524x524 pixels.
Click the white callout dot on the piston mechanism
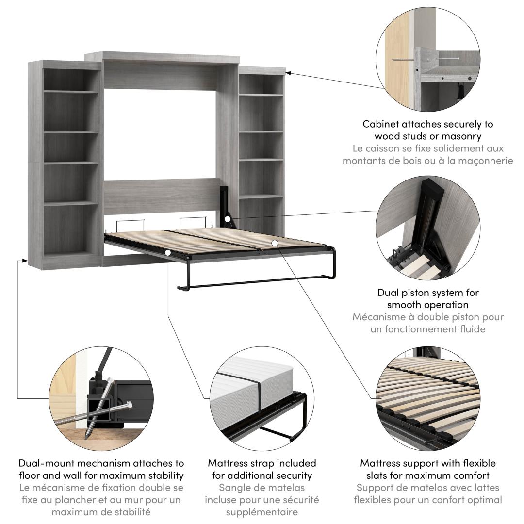pyautogui.click(x=228, y=220)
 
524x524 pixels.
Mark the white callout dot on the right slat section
pyautogui.click(x=274, y=243)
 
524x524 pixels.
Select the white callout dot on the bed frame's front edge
pyautogui.click(x=167, y=252)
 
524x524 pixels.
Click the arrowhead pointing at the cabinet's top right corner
pyautogui.click(x=288, y=73)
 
